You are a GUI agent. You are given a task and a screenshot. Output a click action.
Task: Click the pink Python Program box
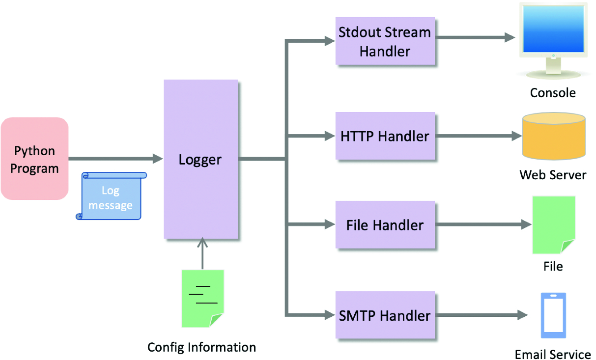coord(34,159)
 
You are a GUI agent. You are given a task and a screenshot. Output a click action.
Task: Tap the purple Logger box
coord(200,159)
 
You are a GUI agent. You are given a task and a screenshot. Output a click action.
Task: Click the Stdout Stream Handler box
coord(385,41)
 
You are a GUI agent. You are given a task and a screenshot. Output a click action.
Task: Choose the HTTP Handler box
coord(385,136)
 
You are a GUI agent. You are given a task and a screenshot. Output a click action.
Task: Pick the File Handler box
coord(385,225)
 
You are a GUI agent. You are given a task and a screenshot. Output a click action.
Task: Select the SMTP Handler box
coord(385,315)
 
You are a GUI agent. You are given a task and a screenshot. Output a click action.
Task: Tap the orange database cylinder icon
coord(554,137)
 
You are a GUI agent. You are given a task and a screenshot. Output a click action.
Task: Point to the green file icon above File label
coord(553,225)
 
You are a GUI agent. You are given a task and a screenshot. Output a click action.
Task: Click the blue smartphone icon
coord(553,315)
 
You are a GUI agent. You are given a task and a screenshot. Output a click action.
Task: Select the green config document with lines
coord(202,298)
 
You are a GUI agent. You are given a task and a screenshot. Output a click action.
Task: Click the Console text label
coord(553,93)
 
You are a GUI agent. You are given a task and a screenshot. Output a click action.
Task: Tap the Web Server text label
coord(553,175)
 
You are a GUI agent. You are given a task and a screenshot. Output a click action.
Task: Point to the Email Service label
coord(553,354)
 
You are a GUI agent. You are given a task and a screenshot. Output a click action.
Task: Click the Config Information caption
coord(201,347)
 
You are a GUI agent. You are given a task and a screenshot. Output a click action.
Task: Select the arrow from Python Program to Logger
coord(115,159)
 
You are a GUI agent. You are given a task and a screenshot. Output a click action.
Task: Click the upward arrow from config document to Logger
coord(202,253)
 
